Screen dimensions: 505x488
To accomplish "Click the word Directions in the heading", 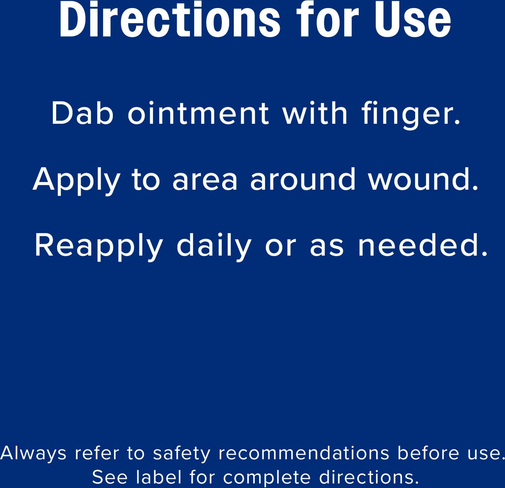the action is pyautogui.click(x=170, y=20).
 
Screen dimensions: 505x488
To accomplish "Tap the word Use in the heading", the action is pyautogui.click(x=412, y=20).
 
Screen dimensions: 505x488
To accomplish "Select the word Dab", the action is pyautogui.click(x=82, y=113).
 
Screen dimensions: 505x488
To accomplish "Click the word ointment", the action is pyautogui.click(x=198, y=113).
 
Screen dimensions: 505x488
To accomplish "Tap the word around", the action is pyautogui.click(x=303, y=179).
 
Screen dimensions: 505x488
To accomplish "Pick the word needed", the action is pyautogui.click(x=423, y=245).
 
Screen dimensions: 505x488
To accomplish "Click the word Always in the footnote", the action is pyautogui.click(x=33, y=454).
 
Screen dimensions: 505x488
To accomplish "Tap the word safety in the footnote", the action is pyautogui.click(x=182, y=454).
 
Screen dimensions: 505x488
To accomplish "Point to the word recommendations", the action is pyautogui.click(x=304, y=453).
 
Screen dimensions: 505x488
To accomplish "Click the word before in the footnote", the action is pyautogui.click(x=428, y=453).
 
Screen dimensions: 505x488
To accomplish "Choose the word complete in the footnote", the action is pyautogui.click(x=267, y=478).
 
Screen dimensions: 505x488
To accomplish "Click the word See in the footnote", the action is pyautogui.click(x=110, y=477).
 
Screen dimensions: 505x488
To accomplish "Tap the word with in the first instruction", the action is pyautogui.click(x=315, y=113).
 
